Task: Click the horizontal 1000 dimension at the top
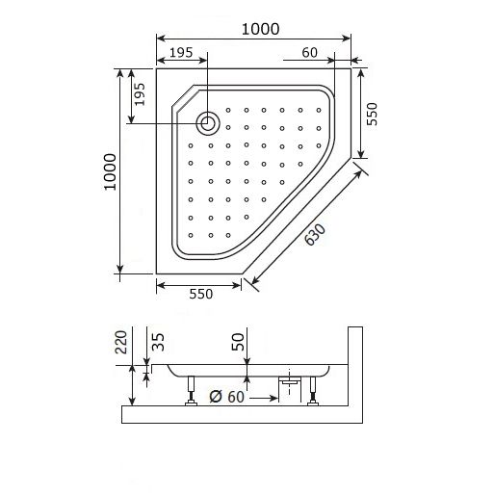pos(261,29)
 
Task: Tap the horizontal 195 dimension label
pos(185,52)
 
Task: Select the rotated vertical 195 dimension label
pos(140,94)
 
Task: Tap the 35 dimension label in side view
pos(158,343)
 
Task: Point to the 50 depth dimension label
pos(238,344)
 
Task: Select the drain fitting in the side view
pos(287,382)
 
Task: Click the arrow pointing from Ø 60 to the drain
pos(264,396)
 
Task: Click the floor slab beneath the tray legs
pos(241,415)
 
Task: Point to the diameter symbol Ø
pos(215,396)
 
